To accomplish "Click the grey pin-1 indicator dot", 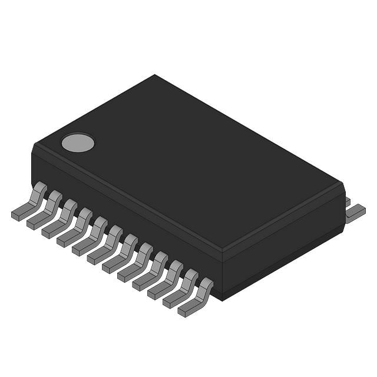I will pyautogui.click(x=78, y=142).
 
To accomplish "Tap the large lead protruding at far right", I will pyautogui.click(x=355, y=213).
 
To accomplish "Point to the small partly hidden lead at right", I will pyautogui.click(x=348, y=201).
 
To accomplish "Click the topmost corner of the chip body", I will pyautogui.click(x=155, y=75).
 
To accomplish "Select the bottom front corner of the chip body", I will pyautogui.click(x=221, y=300).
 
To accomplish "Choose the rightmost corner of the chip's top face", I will pyautogui.click(x=342, y=183).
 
